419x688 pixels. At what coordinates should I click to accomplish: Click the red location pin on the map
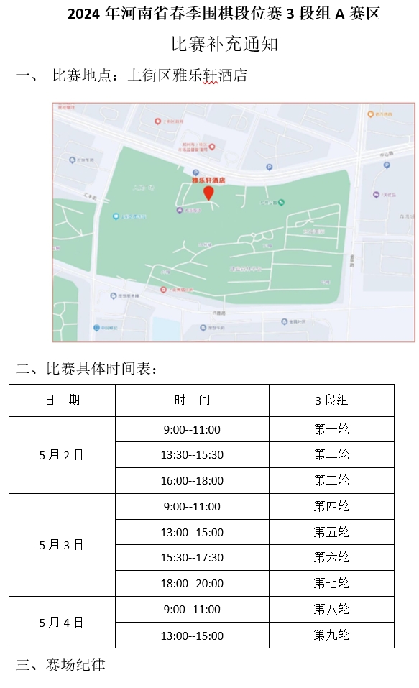pyautogui.click(x=208, y=193)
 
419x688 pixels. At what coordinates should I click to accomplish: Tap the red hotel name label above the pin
pyautogui.click(x=208, y=180)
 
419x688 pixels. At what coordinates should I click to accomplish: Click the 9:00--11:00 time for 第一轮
pyautogui.click(x=192, y=429)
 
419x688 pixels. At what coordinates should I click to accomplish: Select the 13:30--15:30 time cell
pyautogui.click(x=192, y=454)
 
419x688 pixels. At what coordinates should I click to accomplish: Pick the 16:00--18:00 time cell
pyautogui.click(x=192, y=480)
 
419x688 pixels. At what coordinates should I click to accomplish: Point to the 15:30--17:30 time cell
pyautogui.click(x=192, y=557)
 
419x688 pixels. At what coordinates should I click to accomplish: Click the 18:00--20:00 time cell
pyautogui.click(x=192, y=583)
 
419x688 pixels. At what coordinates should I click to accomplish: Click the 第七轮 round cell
pyautogui.click(x=331, y=583)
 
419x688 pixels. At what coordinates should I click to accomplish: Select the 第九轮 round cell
pyautogui.click(x=331, y=635)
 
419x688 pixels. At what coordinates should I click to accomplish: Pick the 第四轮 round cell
pyautogui.click(x=331, y=506)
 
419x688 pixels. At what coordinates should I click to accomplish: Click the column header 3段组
pyautogui.click(x=331, y=400)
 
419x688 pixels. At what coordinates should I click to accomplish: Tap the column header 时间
pyautogui.click(x=192, y=400)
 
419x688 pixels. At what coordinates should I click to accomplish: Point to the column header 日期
pyautogui.click(x=62, y=400)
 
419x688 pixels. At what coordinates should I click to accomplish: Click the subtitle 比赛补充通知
pyautogui.click(x=224, y=45)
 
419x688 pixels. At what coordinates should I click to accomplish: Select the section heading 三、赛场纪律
pyautogui.click(x=60, y=665)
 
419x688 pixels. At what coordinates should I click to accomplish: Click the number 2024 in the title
pyautogui.click(x=86, y=14)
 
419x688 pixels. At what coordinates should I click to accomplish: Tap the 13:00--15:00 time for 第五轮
pyautogui.click(x=192, y=532)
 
